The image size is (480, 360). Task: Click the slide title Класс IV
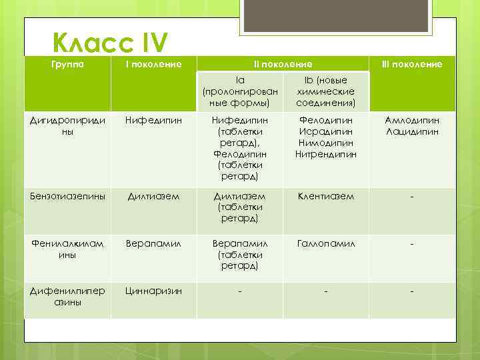[x=111, y=43]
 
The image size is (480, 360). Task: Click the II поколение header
[x=283, y=64]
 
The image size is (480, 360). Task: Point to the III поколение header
[x=411, y=64]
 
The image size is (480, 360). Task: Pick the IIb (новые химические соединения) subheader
[x=326, y=91]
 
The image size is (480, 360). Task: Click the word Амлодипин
[x=411, y=121]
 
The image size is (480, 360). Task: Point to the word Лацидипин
[x=411, y=132]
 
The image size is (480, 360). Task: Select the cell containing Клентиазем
[x=326, y=197]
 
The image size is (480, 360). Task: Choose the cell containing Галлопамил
[x=326, y=244]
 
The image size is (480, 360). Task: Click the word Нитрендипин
[x=326, y=155]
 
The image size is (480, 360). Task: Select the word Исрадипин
[x=326, y=132]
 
